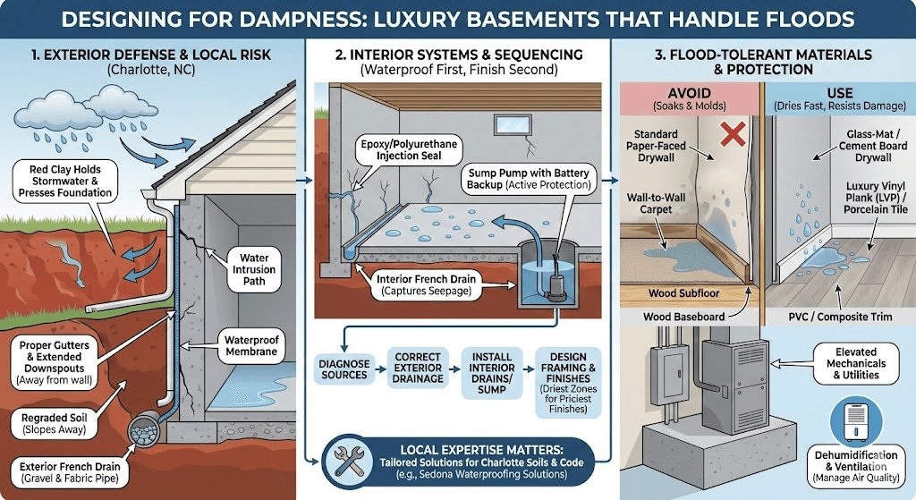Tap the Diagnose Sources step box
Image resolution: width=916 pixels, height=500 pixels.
coord(343,368)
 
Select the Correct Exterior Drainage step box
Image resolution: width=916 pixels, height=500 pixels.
coord(418,368)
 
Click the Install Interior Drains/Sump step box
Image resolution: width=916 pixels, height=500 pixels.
coord(491,368)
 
